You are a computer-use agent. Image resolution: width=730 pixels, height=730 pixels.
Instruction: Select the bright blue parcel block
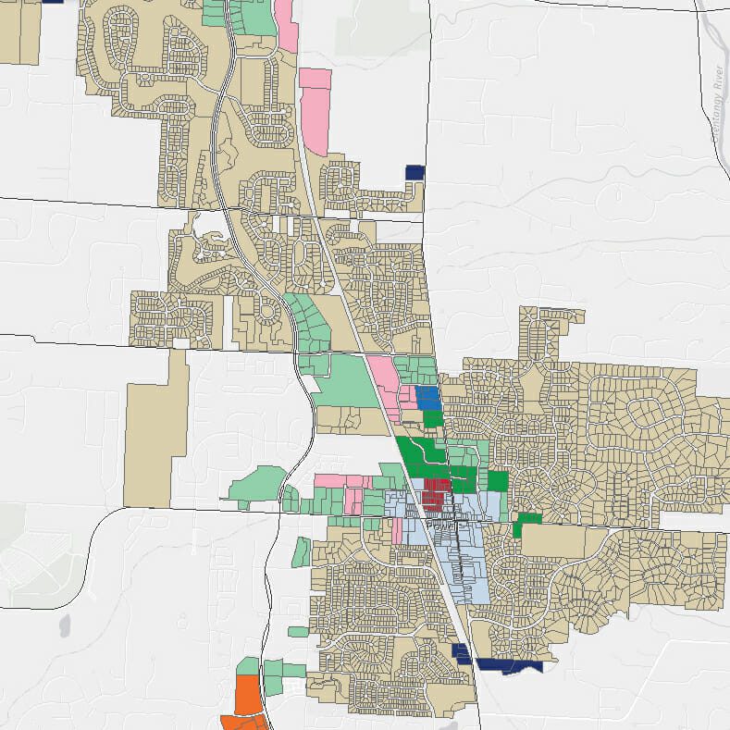tap(427, 398)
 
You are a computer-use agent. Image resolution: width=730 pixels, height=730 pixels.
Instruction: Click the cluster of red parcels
tap(436, 492)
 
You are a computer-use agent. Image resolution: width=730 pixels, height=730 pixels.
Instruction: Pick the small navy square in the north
tap(414, 172)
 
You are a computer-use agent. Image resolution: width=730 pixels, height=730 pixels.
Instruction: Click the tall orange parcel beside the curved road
tap(247, 695)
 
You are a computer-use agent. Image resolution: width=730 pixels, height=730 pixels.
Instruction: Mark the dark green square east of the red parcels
tap(498, 481)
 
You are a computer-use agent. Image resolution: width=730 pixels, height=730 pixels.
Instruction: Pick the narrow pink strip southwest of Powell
tap(397, 530)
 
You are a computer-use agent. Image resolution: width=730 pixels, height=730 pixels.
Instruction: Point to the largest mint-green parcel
tap(350, 381)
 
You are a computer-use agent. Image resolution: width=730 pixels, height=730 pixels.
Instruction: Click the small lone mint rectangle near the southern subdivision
tap(298, 632)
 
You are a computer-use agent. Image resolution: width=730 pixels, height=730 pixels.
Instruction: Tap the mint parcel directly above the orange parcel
tap(247, 666)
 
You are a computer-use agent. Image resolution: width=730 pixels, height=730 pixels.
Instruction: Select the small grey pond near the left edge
tap(64, 625)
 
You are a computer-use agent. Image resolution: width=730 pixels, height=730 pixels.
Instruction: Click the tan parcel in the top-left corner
tap(19, 32)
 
